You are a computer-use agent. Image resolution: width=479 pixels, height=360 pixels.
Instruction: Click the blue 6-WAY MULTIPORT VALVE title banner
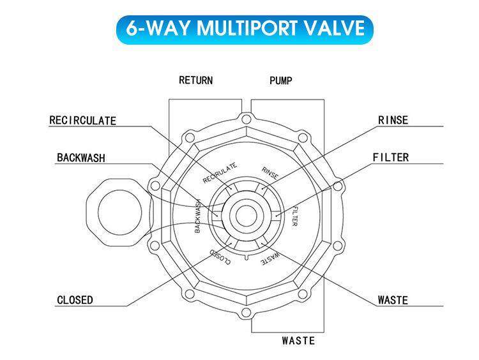tap(245, 29)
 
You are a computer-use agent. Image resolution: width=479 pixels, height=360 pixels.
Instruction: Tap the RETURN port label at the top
tap(196, 80)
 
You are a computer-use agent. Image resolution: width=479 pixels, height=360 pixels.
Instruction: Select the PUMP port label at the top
tap(281, 80)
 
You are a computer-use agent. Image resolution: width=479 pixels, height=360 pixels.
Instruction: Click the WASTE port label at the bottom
tap(298, 340)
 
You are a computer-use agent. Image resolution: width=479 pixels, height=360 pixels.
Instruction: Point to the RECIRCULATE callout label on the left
tap(83, 121)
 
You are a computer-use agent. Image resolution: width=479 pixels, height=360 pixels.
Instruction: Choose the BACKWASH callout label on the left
tap(81, 158)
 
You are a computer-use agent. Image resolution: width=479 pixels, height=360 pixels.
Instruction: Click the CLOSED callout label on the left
tap(75, 300)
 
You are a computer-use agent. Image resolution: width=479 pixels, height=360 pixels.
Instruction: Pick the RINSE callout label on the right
tap(393, 120)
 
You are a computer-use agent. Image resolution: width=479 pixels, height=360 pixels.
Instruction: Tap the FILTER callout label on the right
tap(391, 157)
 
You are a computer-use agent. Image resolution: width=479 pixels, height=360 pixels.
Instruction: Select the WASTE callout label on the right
tap(393, 300)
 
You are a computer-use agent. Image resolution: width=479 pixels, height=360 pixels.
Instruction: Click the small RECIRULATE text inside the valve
tap(220, 173)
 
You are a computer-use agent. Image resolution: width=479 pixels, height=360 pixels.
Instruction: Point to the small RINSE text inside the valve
tap(270, 173)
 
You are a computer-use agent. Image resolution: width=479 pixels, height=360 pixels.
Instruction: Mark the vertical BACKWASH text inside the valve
tap(197, 216)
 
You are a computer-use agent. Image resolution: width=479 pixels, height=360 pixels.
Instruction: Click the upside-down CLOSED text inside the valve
tap(220, 257)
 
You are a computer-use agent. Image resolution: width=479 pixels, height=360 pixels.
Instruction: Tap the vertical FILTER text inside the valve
tap(294, 216)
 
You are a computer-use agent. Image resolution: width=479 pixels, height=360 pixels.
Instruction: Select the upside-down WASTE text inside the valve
tap(270, 259)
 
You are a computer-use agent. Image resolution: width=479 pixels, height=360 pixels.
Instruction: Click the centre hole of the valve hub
tap(247, 216)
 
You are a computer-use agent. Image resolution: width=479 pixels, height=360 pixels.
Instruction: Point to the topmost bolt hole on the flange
tap(247, 119)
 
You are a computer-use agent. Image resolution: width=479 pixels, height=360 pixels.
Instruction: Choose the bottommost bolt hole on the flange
tap(246, 312)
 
